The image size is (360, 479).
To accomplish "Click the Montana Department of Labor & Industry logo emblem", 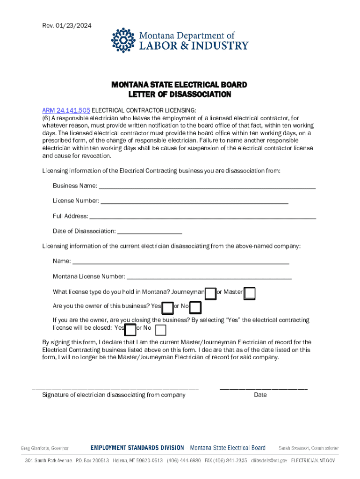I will (x=122, y=40).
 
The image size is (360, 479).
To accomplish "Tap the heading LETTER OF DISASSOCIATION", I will (x=180, y=94).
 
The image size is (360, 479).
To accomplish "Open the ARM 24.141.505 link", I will (x=66, y=110).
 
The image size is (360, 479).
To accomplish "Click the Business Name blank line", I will (x=207, y=187).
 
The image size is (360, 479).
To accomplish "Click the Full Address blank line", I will (x=202, y=218).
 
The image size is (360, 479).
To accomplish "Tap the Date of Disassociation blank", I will (x=150, y=232).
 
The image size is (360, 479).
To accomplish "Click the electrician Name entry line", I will (x=181, y=262).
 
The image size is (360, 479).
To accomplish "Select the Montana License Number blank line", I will (x=209, y=277).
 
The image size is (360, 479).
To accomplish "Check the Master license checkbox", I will (x=250, y=293).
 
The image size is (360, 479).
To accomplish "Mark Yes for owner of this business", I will (x=167, y=308).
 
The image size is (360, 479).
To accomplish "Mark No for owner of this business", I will (x=195, y=308).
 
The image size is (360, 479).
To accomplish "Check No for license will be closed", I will (x=160, y=330).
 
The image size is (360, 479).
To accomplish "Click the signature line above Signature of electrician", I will (x=115, y=388).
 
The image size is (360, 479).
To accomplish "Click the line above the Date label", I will (x=263, y=388).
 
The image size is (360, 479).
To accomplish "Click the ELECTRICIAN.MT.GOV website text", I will (x=313, y=461).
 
